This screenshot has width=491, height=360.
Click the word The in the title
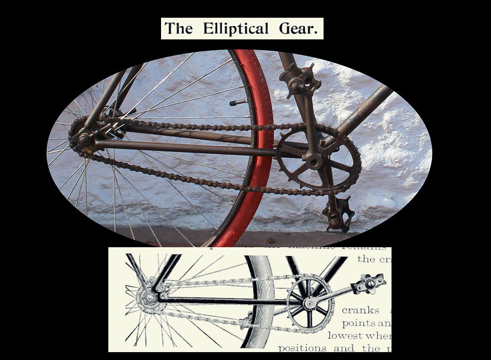pos(178,28)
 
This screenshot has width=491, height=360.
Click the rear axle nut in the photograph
pos(84,139)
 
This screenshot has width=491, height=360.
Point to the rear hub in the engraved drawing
pos(146,297)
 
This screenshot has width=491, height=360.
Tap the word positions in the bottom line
pos(302,348)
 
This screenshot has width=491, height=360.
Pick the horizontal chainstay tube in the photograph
pos(187,147)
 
